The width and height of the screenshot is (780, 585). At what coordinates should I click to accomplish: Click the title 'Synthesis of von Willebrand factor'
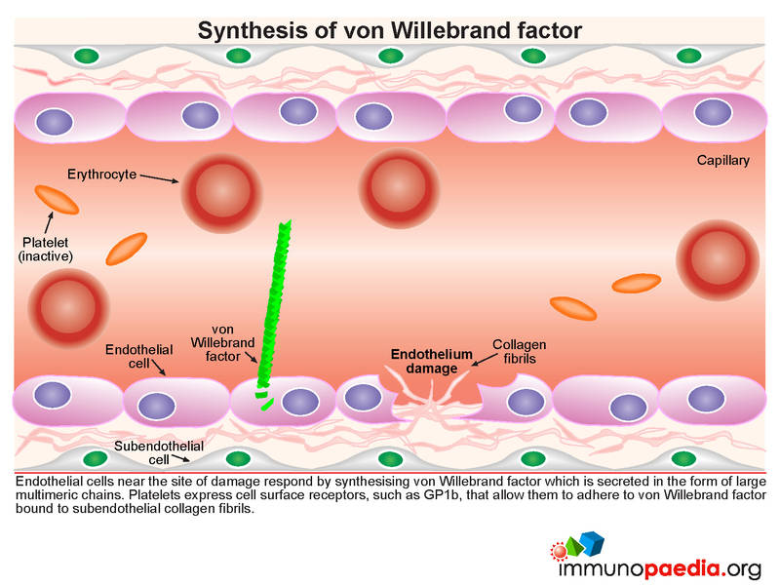[x=389, y=30]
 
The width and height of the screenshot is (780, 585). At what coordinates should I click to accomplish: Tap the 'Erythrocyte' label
[x=102, y=175]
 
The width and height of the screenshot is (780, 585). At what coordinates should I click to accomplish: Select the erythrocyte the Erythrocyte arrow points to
[x=221, y=193]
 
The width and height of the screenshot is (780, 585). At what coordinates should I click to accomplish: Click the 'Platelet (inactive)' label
[x=45, y=250]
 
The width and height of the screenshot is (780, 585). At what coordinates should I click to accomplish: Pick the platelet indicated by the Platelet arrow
[x=57, y=200]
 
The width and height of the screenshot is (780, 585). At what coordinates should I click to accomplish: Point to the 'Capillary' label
[x=722, y=160]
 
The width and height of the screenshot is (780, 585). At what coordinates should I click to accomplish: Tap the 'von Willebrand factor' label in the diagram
[x=222, y=343]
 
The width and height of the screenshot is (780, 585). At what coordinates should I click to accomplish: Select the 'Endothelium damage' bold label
[x=431, y=361]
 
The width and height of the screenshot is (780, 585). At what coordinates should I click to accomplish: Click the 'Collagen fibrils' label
[x=520, y=351]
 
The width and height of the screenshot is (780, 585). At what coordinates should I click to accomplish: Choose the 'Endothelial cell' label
[x=138, y=356]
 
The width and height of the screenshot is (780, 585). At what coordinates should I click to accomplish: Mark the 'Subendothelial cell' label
[x=159, y=452]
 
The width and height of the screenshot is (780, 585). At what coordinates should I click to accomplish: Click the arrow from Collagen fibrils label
[x=484, y=360]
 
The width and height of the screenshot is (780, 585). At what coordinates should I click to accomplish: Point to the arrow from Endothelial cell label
[x=158, y=368]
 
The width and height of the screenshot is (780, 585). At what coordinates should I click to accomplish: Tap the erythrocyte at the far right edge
[x=718, y=260]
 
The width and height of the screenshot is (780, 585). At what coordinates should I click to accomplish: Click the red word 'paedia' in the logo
[x=682, y=568]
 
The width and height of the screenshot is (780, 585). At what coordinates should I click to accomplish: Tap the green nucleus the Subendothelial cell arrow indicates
[x=238, y=458]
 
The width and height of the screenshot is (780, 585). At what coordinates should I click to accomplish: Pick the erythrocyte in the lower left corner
[x=68, y=307]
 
